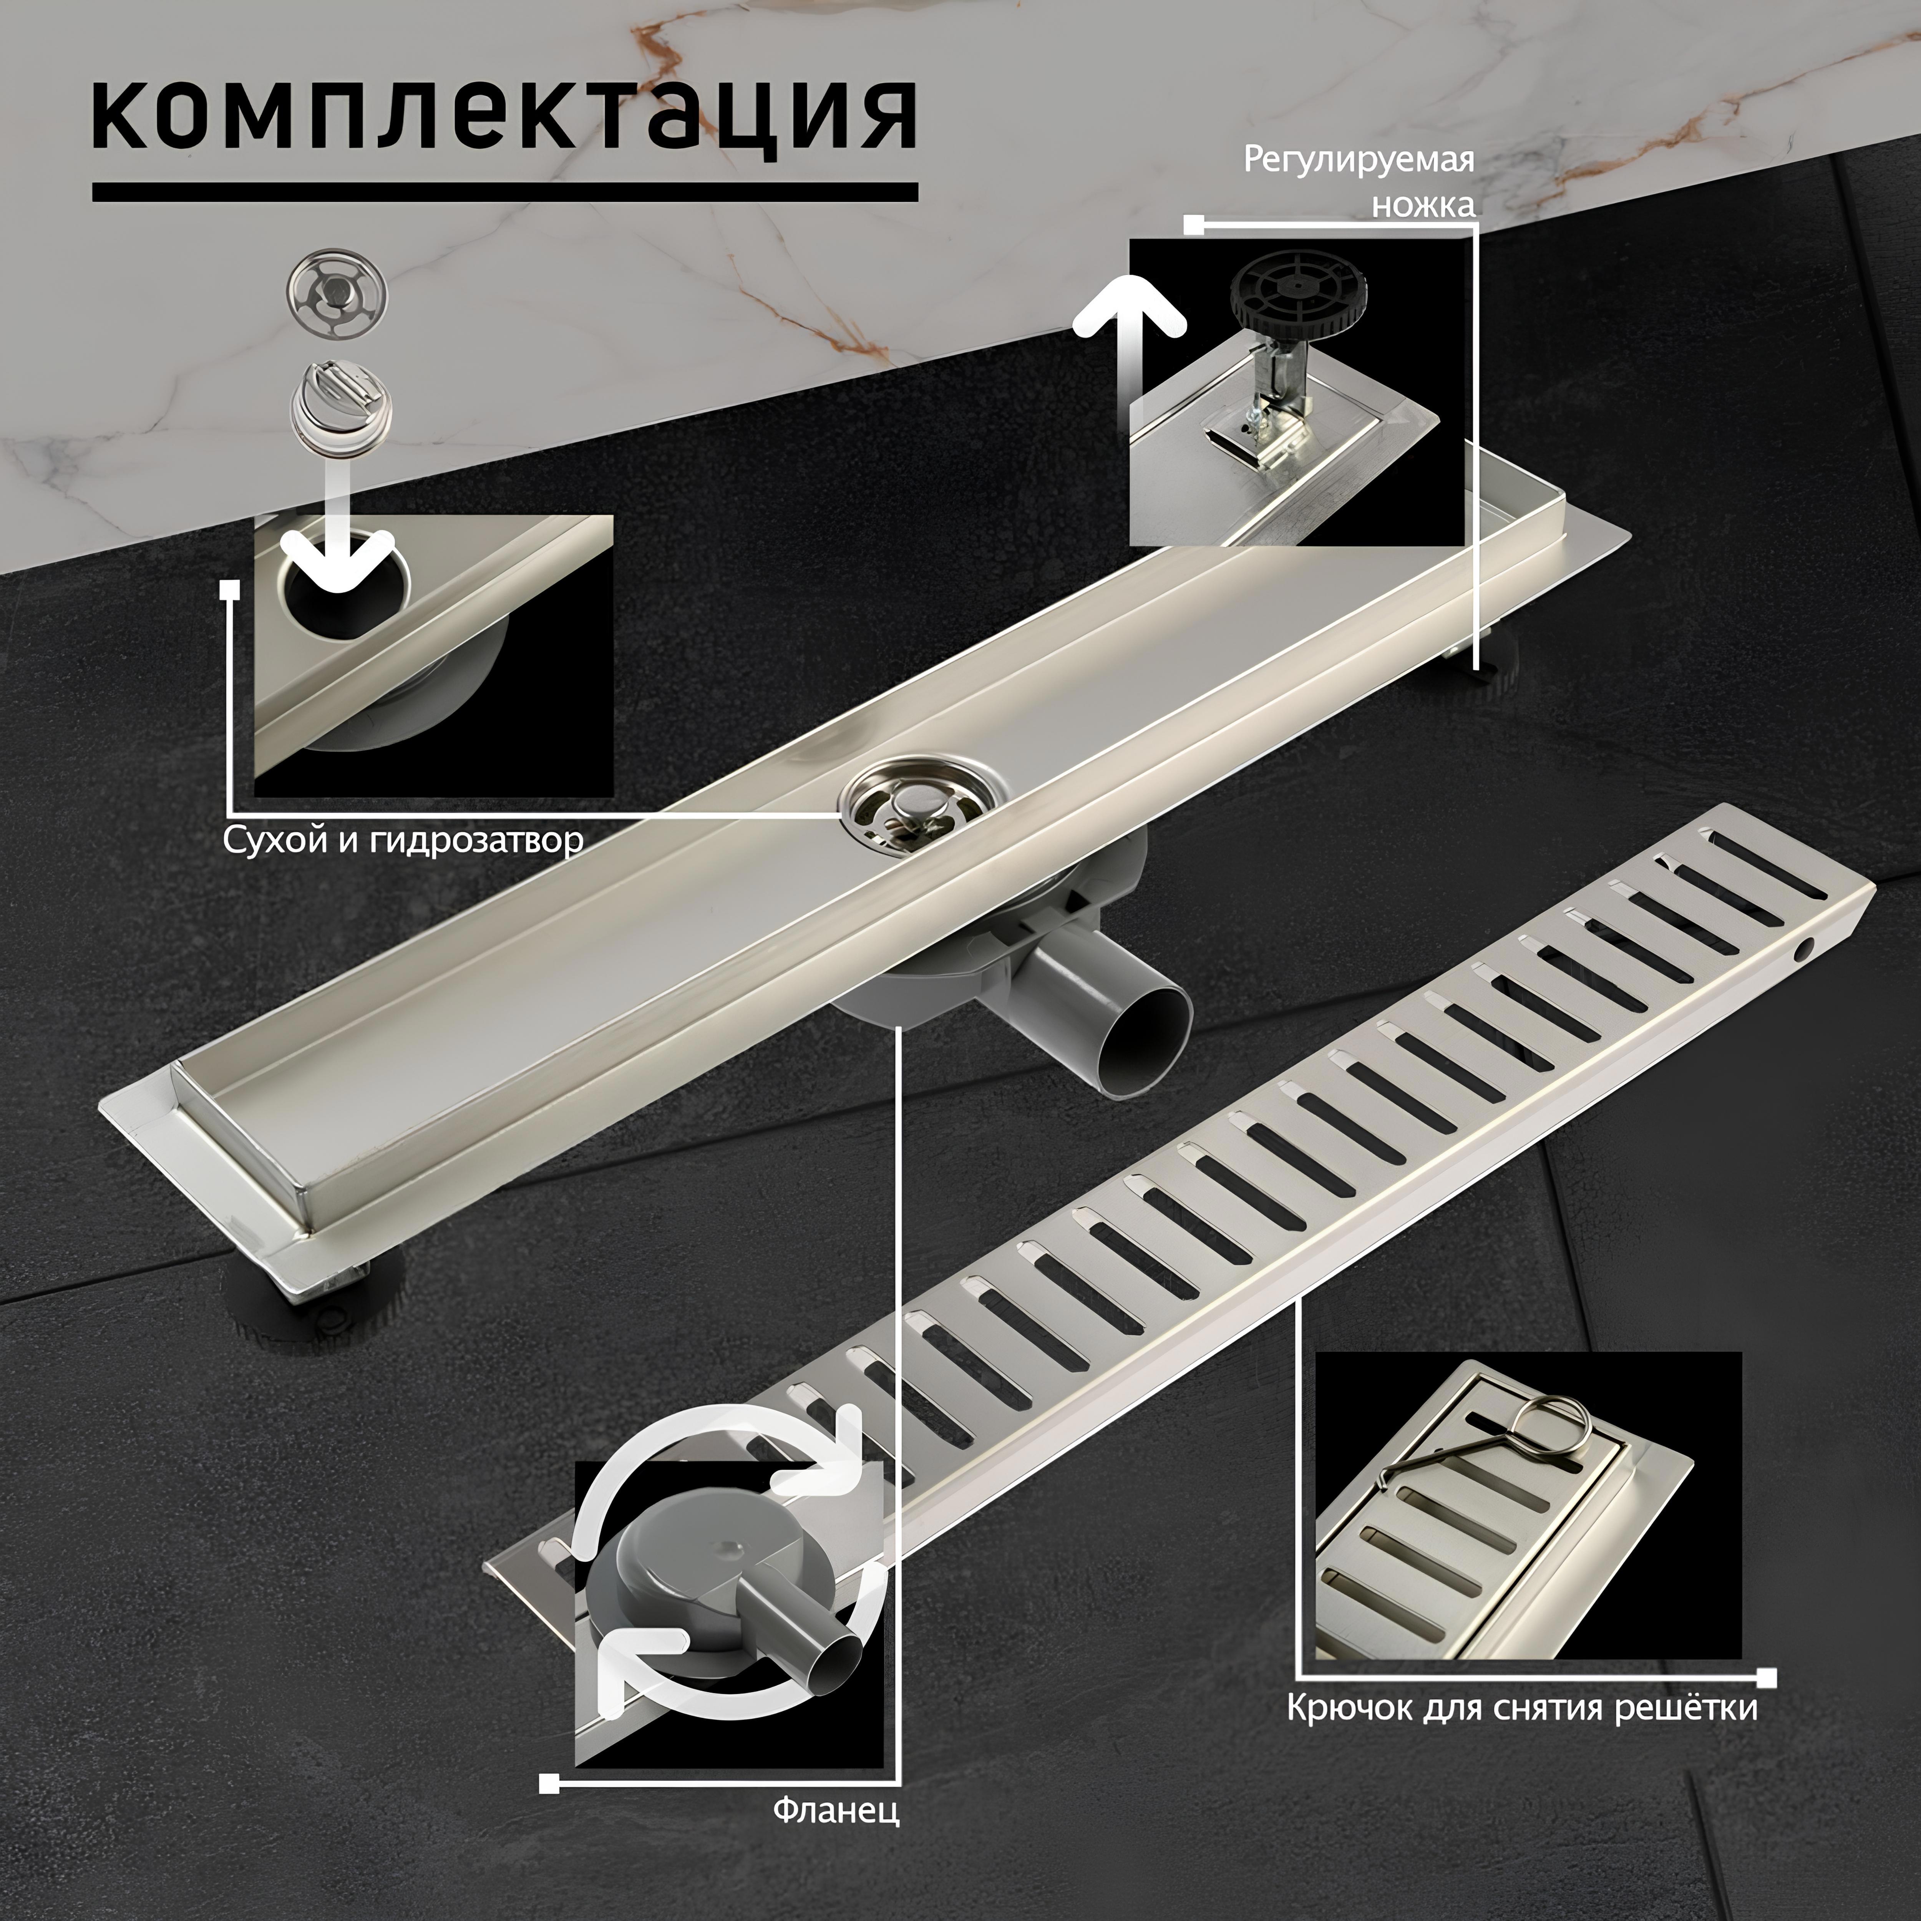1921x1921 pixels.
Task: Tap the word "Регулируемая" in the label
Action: [1358, 161]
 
